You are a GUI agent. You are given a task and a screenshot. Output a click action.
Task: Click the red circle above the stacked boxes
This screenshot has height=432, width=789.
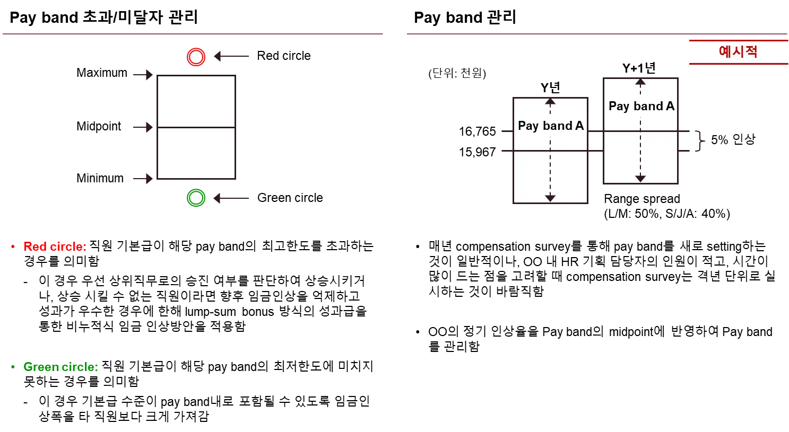(196, 57)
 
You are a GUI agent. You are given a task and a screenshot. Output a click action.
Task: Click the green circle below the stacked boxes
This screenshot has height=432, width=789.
(196, 198)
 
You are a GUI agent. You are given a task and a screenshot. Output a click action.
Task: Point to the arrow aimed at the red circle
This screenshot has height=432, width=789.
(231, 56)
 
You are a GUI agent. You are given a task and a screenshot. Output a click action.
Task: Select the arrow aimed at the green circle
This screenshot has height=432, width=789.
(231, 198)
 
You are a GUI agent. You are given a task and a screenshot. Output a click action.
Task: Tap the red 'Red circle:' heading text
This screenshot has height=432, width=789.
(55, 247)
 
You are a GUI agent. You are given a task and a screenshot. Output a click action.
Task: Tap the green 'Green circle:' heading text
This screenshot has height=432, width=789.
(59, 367)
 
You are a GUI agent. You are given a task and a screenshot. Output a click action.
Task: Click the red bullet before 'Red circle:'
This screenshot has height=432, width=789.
(13, 246)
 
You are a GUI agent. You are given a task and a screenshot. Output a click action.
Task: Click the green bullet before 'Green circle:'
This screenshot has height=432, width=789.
(13, 367)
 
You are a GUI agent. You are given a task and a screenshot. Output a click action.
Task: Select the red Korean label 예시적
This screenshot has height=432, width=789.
(738, 52)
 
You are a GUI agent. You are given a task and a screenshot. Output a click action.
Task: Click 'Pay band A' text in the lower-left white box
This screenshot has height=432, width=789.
(550, 126)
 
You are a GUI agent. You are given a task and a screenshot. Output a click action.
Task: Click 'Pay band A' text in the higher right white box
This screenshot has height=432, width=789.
(641, 106)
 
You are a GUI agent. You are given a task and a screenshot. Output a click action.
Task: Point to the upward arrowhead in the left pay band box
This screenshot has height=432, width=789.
(550, 101)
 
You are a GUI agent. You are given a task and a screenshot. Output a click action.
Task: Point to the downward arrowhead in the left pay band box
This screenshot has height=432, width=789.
(550, 198)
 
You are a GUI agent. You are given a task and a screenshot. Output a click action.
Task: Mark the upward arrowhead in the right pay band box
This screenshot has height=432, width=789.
(640, 82)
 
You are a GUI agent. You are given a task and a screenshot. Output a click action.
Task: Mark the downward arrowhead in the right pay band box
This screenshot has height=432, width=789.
(640, 179)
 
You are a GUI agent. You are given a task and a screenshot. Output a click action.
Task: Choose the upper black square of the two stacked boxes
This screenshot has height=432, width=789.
(198, 100)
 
